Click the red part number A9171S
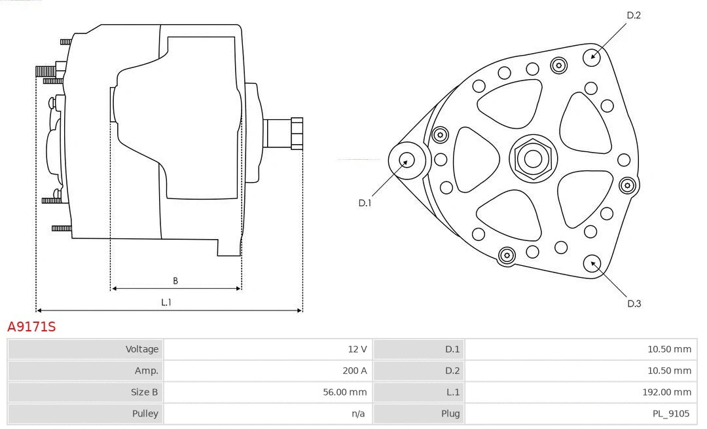(x=31, y=326)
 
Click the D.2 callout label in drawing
(x=634, y=15)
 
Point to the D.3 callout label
(x=634, y=303)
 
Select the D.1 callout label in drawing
(x=365, y=203)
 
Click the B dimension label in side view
(x=175, y=281)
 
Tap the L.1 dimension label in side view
(x=166, y=302)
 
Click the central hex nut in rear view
(x=533, y=159)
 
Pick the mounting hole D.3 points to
(x=594, y=263)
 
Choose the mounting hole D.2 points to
(x=592, y=56)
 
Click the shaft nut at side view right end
(x=297, y=133)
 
